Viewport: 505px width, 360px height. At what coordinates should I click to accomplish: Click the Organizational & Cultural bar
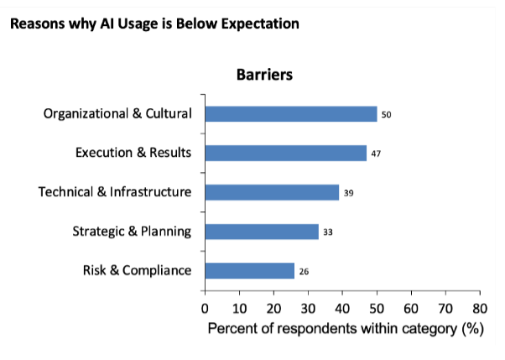pyautogui.click(x=290, y=114)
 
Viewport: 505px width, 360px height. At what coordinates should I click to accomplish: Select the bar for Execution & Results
pyautogui.click(x=285, y=153)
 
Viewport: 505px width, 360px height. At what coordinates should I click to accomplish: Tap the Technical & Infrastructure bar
pyautogui.click(x=272, y=192)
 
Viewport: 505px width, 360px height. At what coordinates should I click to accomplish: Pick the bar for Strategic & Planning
pyautogui.click(x=262, y=232)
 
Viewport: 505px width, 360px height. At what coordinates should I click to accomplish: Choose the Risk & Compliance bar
pyautogui.click(x=249, y=270)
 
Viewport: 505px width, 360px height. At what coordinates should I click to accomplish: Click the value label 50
pyautogui.click(x=386, y=114)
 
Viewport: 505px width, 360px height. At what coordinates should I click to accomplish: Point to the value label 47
pyautogui.click(x=376, y=154)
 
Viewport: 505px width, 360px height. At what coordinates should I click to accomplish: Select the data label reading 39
pyautogui.click(x=348, y=193)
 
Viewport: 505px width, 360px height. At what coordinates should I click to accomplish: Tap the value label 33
pyautogui.click(x=328, y=232)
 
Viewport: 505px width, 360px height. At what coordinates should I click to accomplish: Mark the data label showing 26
pyautogui.click(x=304, y=271)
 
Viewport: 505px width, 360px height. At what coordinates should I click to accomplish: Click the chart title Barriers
pyautogui.click(x=263, y=74)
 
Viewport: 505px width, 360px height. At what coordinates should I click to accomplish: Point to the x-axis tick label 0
pyautogui.click(x=205, y=307)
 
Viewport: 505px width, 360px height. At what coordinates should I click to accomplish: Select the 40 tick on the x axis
pyautogui.click(x=342, y=307)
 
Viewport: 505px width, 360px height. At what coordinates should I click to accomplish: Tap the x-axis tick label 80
pyautogui.click(x=480, y=307)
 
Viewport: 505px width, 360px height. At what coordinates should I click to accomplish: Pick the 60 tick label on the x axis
pyautogui.click(x=411, y=307)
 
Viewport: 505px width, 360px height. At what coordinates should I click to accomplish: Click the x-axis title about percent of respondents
pyautogui.click(x=346, y=328)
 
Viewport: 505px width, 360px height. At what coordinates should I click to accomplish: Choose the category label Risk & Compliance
pyautogui.click(x=137, y=270)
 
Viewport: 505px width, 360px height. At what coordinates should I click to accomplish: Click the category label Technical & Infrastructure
pyautogui.click(x=115, y=192)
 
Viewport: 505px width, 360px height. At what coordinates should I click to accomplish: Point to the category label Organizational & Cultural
pyautogui.click(x=117, y=114)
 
